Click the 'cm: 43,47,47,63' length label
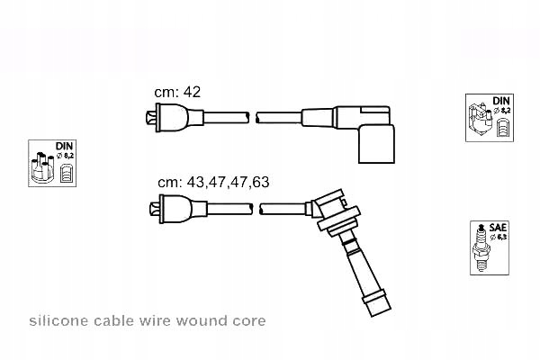[x=213, y=182]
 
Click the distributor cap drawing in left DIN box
[x=42, y=168]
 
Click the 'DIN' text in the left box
[x=65, y=145]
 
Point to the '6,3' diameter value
[x=501, y=238]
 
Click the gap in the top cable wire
[x=253, y=116]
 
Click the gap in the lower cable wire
[x=255, y=209]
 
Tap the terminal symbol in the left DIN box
[x=65, y=171]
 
